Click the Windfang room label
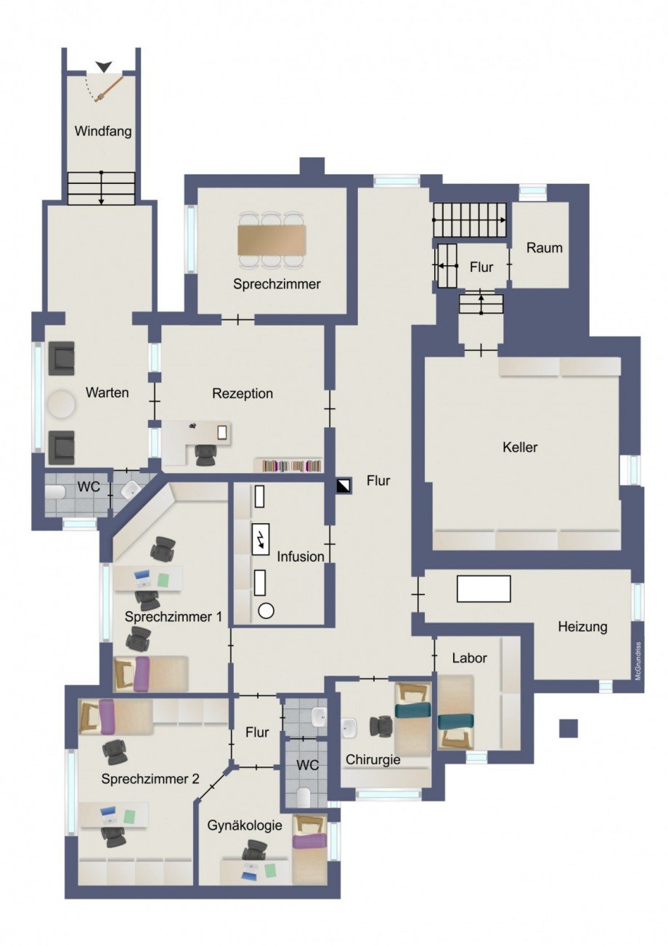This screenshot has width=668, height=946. [x=103, y=132]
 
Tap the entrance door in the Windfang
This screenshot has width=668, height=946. [x=109, y=89]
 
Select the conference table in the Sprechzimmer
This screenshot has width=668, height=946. [x=272, y=240]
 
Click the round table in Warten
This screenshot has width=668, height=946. [x=62, y=404]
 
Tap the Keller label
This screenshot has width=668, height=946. [x=520, y=448]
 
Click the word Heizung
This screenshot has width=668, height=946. [x=582, y=627]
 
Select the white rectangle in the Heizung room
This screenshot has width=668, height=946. [x=484, y=589]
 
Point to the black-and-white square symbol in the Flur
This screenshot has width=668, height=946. [x=344, y=486]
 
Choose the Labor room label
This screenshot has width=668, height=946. [x=469, y=658]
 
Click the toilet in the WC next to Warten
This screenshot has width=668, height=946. [x=55, y=491]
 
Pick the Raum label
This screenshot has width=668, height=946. [x=545, y=248]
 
